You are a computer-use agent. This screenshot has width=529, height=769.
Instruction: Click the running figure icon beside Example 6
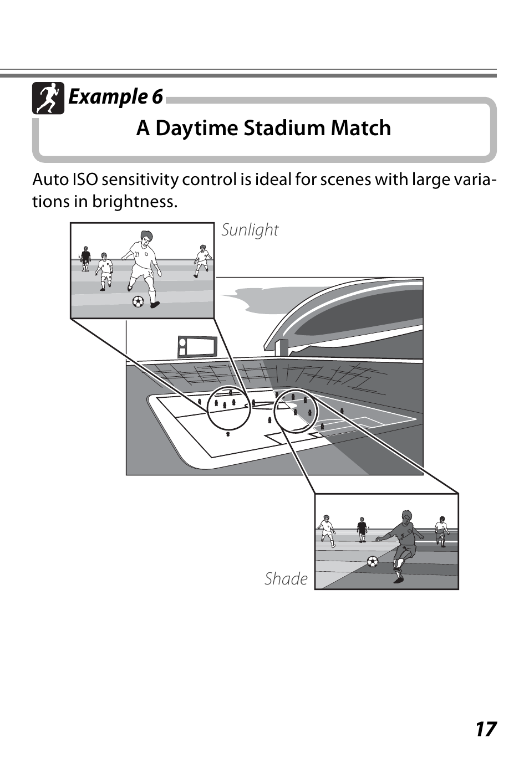click(48, 98)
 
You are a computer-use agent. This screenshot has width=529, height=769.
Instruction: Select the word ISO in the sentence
click(85, 180)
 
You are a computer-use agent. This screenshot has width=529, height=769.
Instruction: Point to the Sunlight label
click(250, 230)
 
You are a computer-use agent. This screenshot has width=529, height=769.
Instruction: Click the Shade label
click(286, 579)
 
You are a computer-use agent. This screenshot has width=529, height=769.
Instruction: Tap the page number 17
click(485, 729)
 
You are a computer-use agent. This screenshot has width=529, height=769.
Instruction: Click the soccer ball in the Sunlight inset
click(138, 301)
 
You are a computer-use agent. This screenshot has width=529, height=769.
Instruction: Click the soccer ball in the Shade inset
click(373, 561)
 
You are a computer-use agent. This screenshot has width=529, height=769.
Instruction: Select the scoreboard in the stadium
click(197, 346)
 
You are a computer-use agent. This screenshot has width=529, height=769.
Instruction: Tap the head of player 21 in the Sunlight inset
click(146, 238)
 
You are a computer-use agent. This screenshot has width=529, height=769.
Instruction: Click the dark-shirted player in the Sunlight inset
click(85, 258)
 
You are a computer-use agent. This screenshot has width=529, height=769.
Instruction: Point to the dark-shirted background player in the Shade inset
click(362, 529)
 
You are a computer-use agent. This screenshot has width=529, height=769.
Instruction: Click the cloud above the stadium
click(261, 302)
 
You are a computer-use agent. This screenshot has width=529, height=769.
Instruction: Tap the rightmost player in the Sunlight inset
click(202, 260)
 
